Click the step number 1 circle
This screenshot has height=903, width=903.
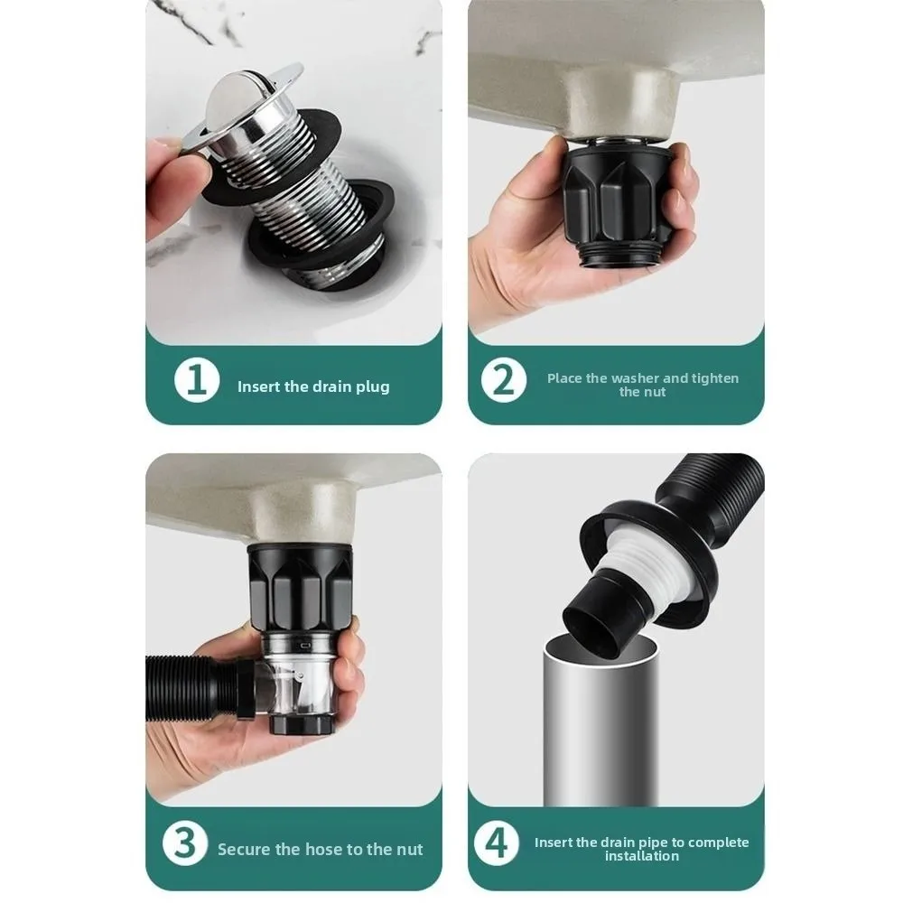click(x=196, y=380)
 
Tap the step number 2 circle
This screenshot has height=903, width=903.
click(x=503, y=380)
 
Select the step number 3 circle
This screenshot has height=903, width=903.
click(x=184, y=843)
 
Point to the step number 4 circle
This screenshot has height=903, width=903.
click(x=497, y=843)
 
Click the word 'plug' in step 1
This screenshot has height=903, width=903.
click(x=373, y=387)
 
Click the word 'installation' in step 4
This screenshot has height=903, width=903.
click(x=641, y=856)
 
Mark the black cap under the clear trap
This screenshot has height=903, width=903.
click(x=302, y=724)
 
